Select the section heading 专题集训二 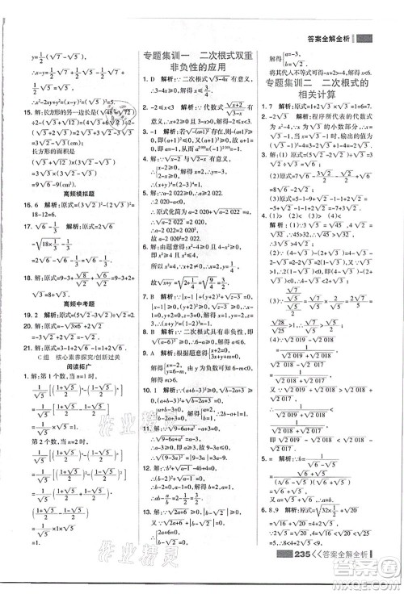[x=294, y=83]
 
